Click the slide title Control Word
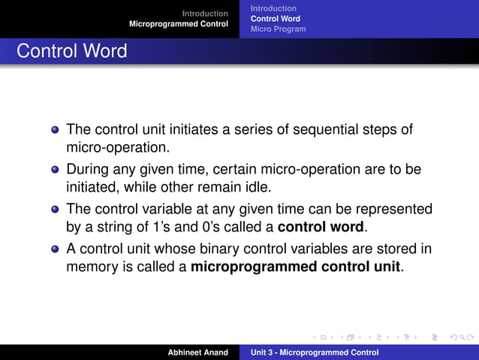point(72,52)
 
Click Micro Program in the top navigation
point(278,29)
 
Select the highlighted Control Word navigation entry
point(275,19)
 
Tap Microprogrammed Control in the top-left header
point(179,24)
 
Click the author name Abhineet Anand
point(197,352)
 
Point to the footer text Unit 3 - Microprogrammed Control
point(315,352)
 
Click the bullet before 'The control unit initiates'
point(55,130)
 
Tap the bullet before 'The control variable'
point(55,210)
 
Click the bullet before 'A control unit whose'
point(55,250)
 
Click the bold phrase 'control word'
point(321,226)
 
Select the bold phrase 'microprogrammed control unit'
point(296,266)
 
